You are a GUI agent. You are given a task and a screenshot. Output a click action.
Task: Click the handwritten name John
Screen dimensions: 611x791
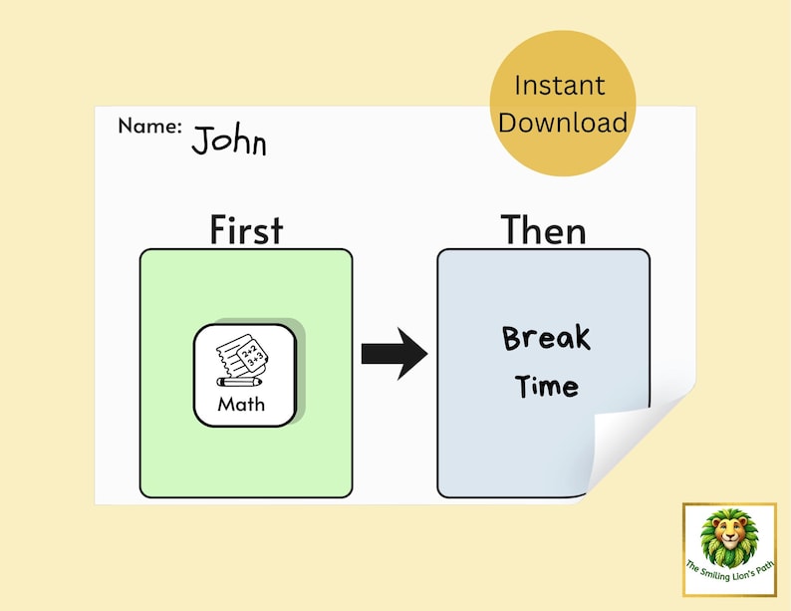(229, 142)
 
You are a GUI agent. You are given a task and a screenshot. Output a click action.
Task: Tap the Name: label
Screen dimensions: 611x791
(149, 127)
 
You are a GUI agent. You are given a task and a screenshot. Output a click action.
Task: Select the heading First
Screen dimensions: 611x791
(246, 230)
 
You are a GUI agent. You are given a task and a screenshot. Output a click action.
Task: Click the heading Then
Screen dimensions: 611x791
(543, 230)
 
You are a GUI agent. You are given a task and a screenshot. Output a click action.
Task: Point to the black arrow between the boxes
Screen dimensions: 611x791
(394, 353)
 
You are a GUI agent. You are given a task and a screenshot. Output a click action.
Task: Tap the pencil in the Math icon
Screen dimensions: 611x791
(239, 382)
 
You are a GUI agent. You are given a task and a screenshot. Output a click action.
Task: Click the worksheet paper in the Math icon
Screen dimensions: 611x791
(244, 356)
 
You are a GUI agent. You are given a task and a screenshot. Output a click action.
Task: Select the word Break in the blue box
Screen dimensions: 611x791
(546, 338)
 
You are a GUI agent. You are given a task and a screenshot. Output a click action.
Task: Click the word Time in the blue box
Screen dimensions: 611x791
(546, 386)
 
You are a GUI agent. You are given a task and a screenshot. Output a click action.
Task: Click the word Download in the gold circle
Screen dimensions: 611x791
(563, 123)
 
